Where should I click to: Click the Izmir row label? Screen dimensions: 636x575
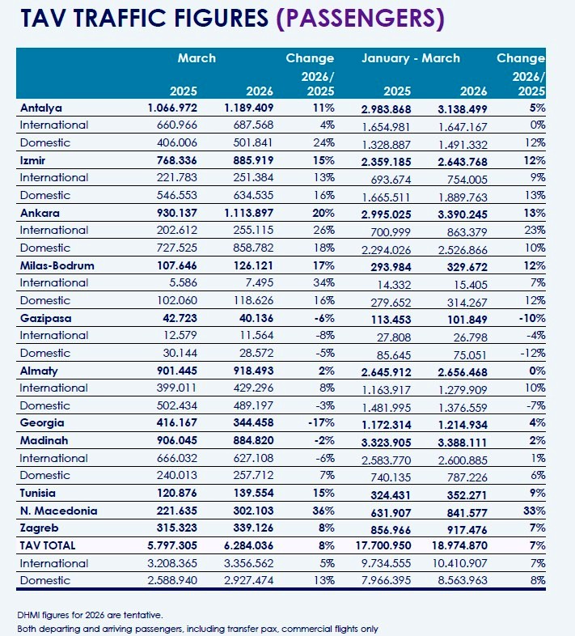36,160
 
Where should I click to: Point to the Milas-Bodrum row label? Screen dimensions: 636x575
59,265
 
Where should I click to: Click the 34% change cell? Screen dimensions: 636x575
321,282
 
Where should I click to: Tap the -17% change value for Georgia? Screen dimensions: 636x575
319,422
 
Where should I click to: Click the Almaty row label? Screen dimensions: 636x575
40,370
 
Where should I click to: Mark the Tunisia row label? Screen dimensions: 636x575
40,492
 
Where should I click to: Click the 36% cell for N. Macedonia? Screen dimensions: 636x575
321,510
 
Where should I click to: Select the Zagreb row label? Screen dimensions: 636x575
39,528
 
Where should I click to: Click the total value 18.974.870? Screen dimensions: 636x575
461,545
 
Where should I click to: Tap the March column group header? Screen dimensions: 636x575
197,58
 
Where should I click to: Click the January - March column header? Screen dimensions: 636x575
411,58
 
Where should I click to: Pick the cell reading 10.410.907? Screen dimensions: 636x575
461,563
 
